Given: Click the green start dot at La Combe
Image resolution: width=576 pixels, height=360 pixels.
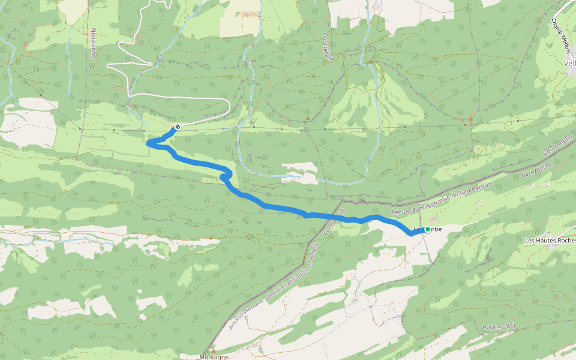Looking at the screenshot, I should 427,229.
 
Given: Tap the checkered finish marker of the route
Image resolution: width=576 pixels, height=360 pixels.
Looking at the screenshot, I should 178,127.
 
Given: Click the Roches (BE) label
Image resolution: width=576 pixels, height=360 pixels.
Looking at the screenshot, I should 499,326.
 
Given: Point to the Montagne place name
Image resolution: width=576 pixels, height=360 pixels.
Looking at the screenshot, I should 214,356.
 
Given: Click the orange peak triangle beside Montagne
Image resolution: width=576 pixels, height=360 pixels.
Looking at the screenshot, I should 213,350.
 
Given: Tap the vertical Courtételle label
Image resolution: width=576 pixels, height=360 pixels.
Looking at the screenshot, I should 94,44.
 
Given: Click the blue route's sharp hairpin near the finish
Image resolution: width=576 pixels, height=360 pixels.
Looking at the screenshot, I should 150,143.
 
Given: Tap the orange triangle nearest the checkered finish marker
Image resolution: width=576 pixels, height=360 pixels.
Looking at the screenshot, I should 308,118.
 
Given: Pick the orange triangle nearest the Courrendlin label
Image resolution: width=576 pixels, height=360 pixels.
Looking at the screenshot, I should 470,119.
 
